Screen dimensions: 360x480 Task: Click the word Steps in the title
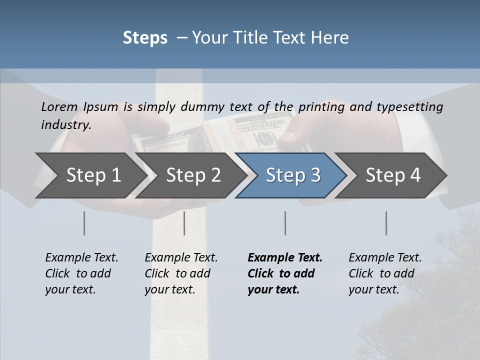(145, 38)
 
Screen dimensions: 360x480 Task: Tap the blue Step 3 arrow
(293, 175)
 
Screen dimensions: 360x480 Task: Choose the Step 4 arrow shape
(393, 175)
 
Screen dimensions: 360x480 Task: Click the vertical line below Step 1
(84, 223)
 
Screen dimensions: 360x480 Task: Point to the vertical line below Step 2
(184, 223)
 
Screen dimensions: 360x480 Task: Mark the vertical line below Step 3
(285, 223)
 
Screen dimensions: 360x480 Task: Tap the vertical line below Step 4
(386, 223)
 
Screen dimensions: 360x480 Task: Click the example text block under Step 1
(81, 273)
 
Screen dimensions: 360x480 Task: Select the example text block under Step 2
(181, 273)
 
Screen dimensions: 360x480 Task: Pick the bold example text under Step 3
(284, 273)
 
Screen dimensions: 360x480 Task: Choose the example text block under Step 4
(385, 273)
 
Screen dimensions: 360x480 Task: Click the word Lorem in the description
(59, 107)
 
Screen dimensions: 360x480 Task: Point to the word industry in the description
(66, 125)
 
